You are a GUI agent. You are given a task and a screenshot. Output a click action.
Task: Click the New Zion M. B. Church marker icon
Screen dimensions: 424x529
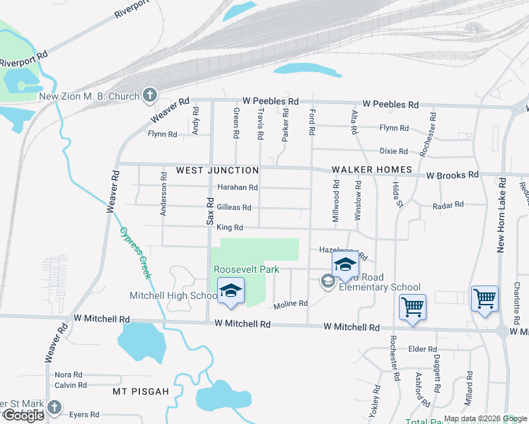tap(149, 95)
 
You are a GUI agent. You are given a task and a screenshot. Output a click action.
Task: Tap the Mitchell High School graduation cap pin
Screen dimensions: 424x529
tap(230, 291)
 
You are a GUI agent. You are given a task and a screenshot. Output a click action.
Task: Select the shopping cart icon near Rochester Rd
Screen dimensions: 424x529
tap(412, 307)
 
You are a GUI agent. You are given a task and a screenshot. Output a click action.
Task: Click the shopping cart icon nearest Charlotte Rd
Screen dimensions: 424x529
tap(484, 298)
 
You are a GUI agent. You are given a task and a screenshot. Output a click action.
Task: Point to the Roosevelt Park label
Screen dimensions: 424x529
tap(247, 270)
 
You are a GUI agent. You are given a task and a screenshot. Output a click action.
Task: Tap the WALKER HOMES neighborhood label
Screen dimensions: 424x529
tap(372, 170)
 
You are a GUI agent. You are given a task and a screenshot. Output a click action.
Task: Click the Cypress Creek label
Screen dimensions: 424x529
tap(135, 252)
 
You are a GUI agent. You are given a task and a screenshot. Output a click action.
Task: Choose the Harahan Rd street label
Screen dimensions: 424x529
tap(238, 188)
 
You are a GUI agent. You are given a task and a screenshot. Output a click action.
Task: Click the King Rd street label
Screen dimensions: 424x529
tap(230, 228)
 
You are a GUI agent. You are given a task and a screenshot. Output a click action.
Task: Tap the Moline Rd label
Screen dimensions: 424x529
tap(291, 304)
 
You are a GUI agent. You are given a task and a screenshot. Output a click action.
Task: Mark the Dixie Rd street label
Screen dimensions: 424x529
tap(393, 151)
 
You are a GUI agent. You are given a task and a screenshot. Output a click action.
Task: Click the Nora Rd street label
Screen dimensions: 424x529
tap(69, 375)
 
